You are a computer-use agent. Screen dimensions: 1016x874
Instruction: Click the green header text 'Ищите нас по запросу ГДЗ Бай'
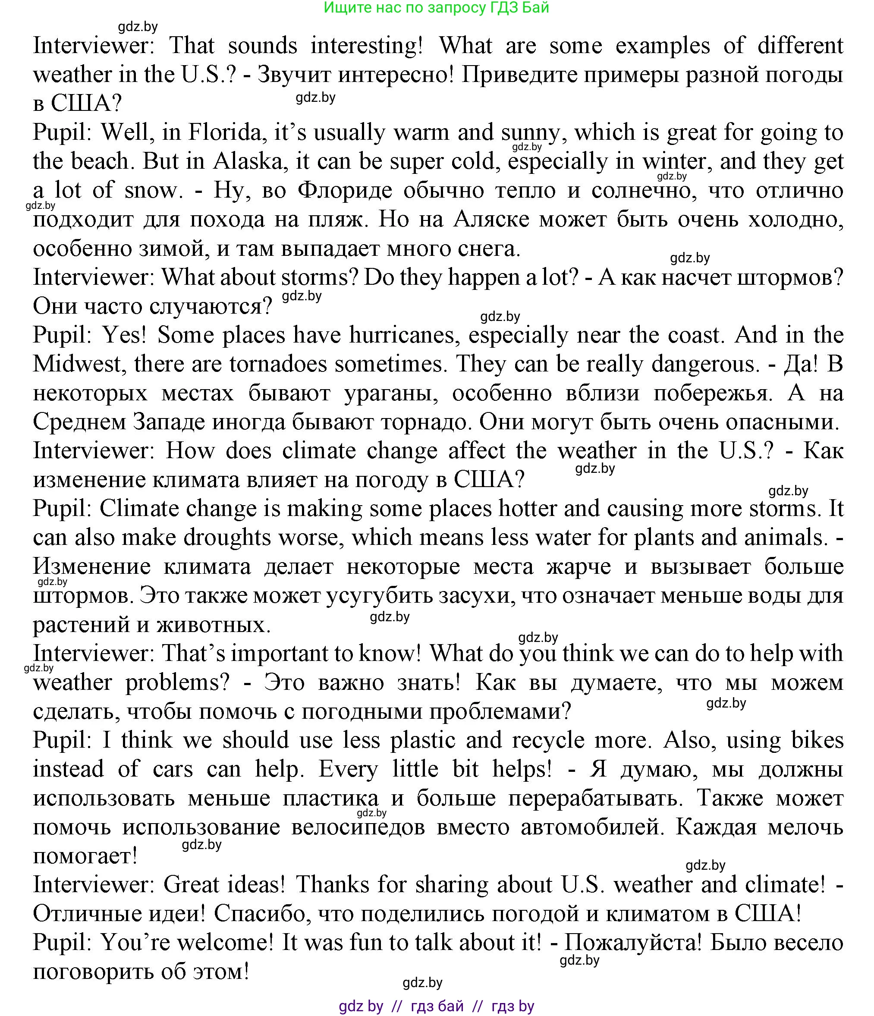tap(436, 8)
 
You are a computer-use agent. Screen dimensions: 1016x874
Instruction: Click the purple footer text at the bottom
tap(436, 1006)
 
